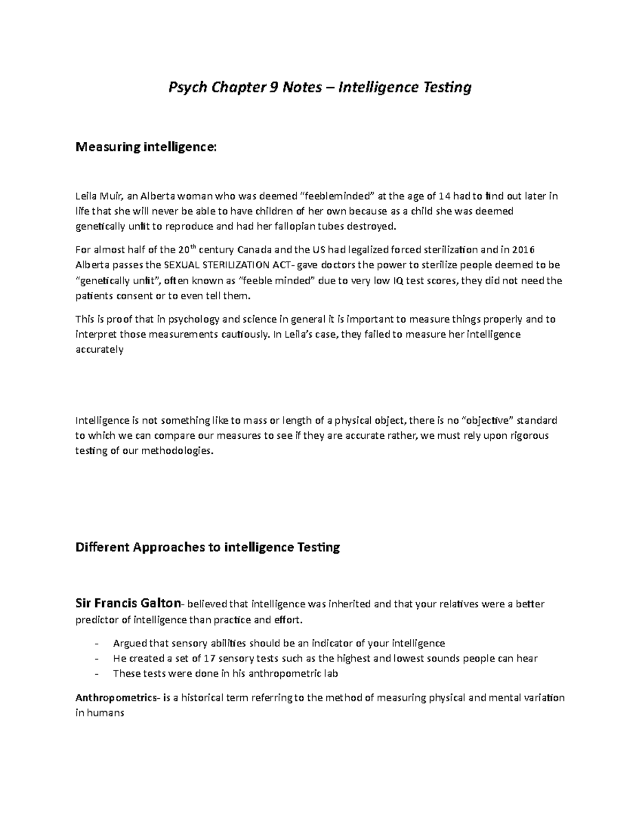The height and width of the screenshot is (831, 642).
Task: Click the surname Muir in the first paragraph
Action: coord(111,196)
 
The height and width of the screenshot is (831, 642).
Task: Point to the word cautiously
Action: coord(245,334)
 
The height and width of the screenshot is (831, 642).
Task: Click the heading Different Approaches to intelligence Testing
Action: coord(208,547)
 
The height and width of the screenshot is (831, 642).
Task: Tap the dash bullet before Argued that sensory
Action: coord(96,643)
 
